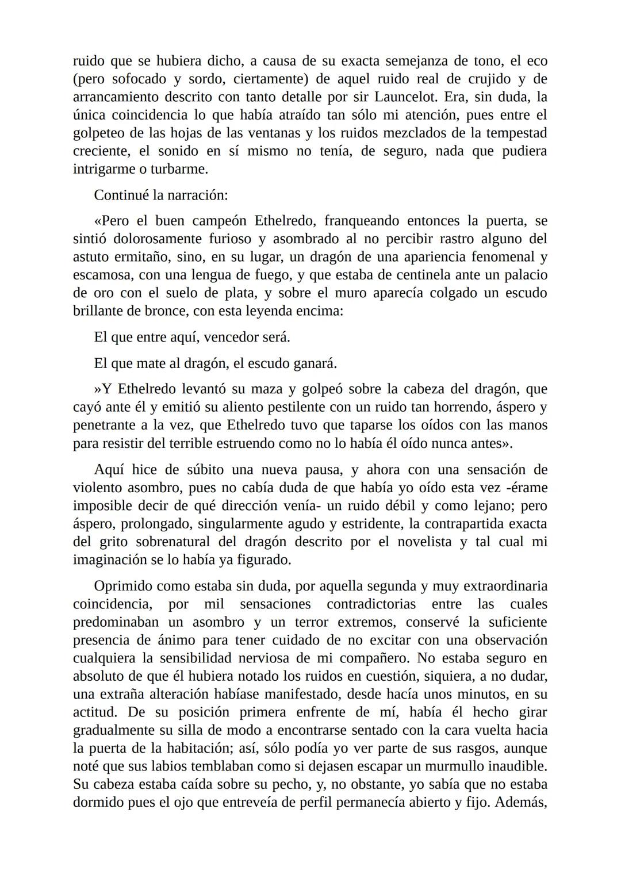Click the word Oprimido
121,586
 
